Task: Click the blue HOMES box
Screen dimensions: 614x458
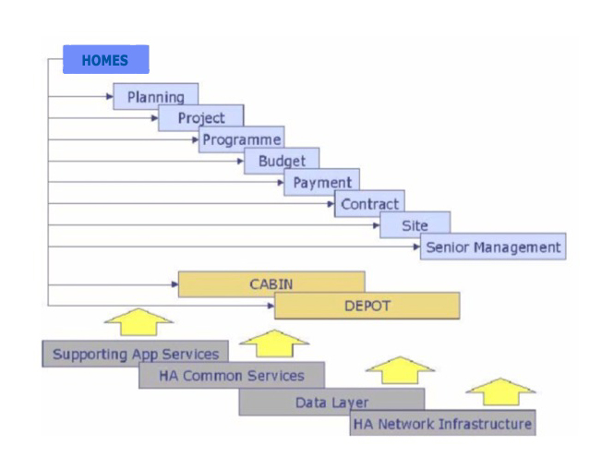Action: tap(106, 59)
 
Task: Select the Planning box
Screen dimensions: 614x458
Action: tap(155, 96)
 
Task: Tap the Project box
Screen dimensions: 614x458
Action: tap(201, 117)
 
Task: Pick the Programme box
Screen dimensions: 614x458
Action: tap(242, 139)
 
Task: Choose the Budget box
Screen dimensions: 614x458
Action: tap(282, 161)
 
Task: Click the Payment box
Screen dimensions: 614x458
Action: tap(321, 182)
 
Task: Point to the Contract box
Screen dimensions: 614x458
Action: tap(369, 203)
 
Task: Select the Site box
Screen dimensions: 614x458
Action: tap(415, 225)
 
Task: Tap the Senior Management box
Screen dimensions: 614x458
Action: tap(493, 247)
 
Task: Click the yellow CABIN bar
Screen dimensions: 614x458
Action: tap(271, 284)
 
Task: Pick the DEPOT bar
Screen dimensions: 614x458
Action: tap(367, 306)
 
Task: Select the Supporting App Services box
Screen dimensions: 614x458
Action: tap(135, 354)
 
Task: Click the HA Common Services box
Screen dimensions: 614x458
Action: tap(232, 376)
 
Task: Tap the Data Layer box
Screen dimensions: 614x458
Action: tap(331, 402)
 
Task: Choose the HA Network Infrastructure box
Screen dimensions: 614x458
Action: tap(442, 423)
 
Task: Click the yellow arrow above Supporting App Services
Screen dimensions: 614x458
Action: tap(138, 322)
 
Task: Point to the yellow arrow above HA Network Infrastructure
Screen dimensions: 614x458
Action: tap(500, 392)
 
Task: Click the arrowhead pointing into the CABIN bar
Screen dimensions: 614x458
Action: tap(175, 284)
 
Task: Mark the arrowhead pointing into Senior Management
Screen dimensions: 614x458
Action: tap(417, 247)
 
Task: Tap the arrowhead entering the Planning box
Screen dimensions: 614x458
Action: tap(110, 96)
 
